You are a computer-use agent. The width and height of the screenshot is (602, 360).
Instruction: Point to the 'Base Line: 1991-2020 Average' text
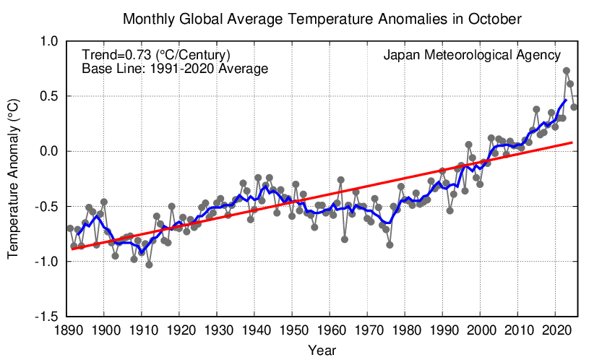point(175,69)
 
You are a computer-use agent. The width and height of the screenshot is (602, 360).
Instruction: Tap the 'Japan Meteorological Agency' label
point(472,55)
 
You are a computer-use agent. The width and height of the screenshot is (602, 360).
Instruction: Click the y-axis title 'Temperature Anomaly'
point(13,179)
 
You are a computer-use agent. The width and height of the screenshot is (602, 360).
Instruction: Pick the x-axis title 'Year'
point(321,351)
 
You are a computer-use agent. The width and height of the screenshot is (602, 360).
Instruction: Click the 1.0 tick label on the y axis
point(47,41)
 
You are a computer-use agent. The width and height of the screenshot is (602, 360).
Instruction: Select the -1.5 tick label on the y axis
point(46,317)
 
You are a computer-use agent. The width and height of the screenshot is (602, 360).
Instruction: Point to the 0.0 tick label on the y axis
point(47,151)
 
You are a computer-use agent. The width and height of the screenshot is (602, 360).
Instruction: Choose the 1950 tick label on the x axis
point(292,331)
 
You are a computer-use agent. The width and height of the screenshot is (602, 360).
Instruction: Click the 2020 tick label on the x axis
point(555,331)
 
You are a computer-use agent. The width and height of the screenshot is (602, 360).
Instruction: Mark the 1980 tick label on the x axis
point(405,331)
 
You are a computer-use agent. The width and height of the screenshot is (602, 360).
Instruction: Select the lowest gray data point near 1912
point(149,265)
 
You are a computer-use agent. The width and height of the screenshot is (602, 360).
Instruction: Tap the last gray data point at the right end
point(574,107)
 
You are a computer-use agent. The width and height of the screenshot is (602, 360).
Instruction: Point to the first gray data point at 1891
point(70,228)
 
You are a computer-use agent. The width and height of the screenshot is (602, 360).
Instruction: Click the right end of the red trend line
point(573,142)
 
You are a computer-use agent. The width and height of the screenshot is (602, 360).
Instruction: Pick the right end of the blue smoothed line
point(566,100)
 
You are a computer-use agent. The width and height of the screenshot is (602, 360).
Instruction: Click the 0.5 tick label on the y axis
point(47,96)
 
